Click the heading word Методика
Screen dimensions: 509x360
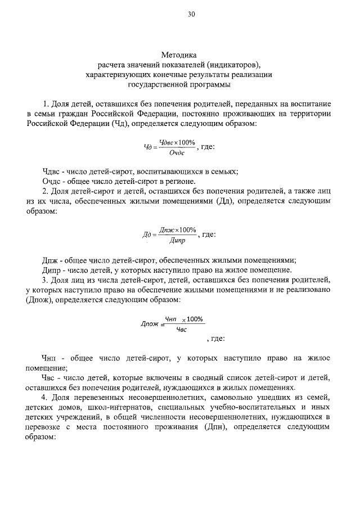pyautogui.click(x=179, y=55)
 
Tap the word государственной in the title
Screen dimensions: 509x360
pyautogui.click(x=157, y=84)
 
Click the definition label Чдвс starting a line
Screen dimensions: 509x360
pyautogui.click(x=52, y=172)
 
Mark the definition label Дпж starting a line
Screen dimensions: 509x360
pyautogui.click(x=51, y=260)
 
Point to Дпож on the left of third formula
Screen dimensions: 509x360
pyautogui.click(x=149, y=324)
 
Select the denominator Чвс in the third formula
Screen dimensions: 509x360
pyautogui.click(x=181, y=330)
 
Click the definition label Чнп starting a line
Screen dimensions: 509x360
pyautogui.click(x=52, y=358)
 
